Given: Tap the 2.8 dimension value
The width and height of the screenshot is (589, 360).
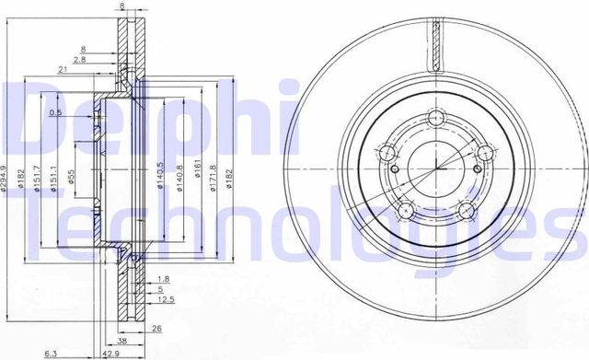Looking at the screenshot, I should pyautogui.click(x=81, y=59).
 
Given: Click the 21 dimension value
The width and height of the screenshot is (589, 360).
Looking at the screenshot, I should pyautogui.click(x=61, y=70).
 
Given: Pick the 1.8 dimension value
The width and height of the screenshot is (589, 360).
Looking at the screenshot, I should pyautogui.click(x=163, y=279).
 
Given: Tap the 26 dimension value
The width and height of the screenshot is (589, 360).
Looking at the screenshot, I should pyautogui.click(x=156, y=329).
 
